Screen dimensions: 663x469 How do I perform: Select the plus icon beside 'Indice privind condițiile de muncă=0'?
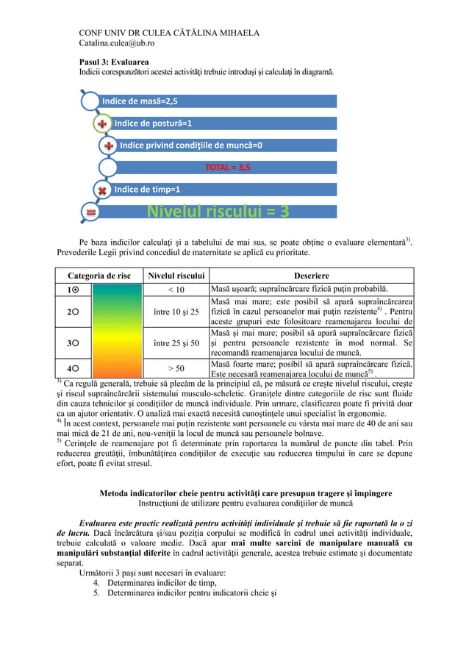tap(108, 146)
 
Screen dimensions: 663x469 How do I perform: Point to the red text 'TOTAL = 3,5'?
tap(227, 168)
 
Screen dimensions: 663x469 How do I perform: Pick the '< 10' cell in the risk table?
tap(176, 290)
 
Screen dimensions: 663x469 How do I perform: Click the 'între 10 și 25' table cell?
tap(176, 312)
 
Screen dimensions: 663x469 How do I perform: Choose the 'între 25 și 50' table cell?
tap(176, 343)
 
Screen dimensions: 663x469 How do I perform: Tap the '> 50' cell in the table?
tap(176, 368)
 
